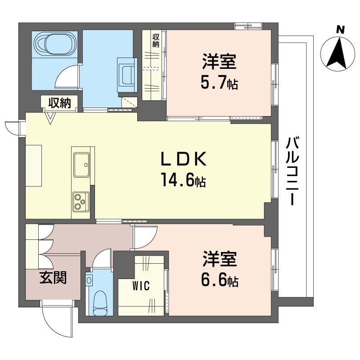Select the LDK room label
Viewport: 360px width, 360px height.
click(184, 160)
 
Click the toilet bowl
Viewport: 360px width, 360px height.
click(99, 303)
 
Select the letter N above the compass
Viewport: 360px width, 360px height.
click(341, 30)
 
